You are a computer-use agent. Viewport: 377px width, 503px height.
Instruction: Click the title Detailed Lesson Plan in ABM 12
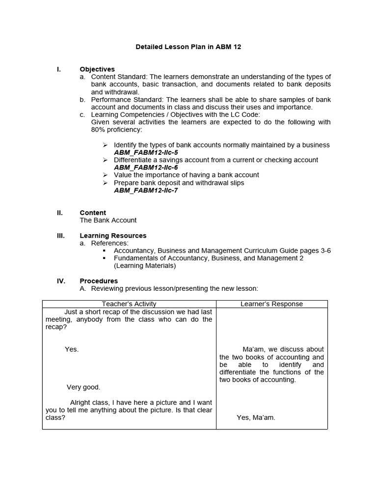188,47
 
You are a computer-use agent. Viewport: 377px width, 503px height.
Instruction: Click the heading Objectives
97,69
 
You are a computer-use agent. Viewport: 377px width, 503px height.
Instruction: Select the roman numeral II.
60,213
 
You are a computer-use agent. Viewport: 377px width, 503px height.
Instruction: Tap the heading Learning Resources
113,236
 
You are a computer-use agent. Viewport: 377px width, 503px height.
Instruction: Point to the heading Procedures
99,281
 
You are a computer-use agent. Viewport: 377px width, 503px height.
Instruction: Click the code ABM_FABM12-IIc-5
146,152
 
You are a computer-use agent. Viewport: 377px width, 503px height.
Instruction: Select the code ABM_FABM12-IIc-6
146,168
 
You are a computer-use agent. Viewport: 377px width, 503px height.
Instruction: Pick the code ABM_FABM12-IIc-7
146,191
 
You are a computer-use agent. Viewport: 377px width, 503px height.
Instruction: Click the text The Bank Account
108,220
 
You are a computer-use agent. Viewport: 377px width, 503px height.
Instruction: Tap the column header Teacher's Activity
129,304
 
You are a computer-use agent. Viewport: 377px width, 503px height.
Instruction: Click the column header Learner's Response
271,304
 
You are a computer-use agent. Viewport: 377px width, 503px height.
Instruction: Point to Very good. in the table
83,387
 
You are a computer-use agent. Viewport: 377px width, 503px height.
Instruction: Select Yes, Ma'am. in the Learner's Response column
256,418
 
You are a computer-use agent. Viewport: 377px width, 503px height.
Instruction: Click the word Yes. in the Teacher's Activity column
72,349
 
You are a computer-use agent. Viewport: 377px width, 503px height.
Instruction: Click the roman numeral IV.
61,281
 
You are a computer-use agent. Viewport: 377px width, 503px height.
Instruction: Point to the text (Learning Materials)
144,266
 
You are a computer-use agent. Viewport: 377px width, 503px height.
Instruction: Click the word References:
110,243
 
